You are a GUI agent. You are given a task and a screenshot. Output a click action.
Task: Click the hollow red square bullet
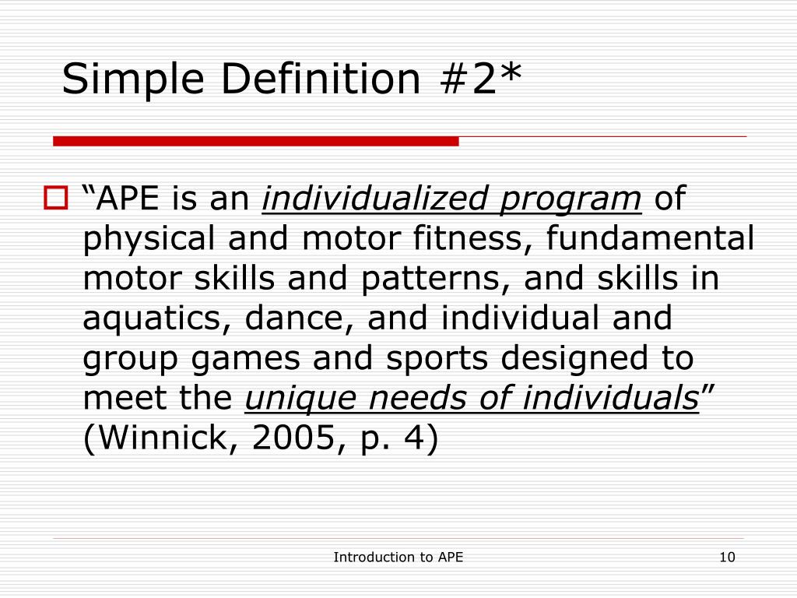coord(58,199)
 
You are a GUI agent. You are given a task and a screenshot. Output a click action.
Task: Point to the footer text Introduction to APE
coord(398,557)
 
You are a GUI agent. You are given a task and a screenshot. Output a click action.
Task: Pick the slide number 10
coord(728,557)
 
